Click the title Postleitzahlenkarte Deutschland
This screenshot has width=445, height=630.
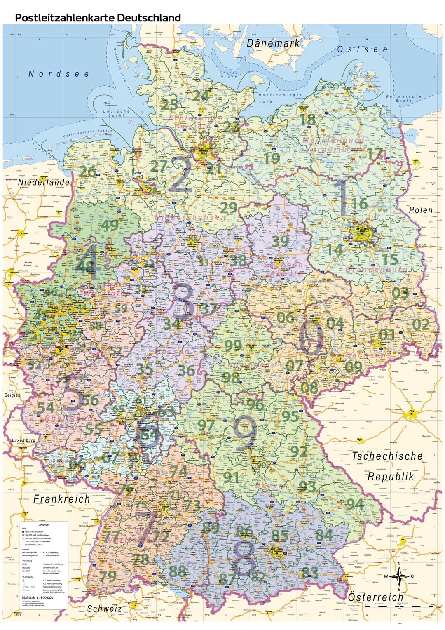click(x=98, y=18)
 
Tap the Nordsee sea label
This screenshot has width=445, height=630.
click(x=59, y=74)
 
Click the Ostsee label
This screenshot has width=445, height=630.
click(x=362, y=49)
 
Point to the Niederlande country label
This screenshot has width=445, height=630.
click(x=44, y=182)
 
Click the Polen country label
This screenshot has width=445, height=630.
click(x=420, y=210)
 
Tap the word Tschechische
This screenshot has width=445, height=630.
click(x=387, y=456)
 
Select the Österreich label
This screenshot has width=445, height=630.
click(x=375, y=597)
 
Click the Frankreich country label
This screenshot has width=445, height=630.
click(x=61, y=499)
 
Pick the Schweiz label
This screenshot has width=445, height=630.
click(x=104, y=609)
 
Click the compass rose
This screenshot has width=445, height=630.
click(x=399, y=576)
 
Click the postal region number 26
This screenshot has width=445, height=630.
click(x=87, y=172)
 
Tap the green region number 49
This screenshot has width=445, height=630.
click(x=110, y=226)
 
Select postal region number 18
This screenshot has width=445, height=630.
click(x=308, y=120)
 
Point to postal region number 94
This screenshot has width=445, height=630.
click(x=354, y=503)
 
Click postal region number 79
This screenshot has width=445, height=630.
click(x=108, y=576)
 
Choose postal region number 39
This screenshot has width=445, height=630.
click(x=280, y=241)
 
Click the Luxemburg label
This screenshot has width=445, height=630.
click(x=23, y=440)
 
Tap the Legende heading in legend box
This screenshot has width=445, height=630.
click(x=43, y=525)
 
